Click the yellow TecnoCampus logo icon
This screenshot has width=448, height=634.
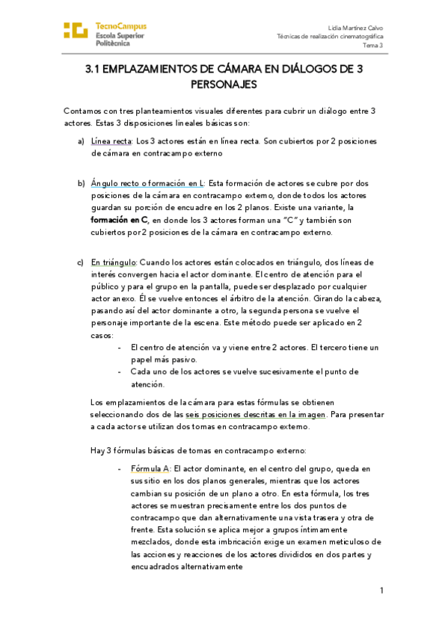(x=76, y=30)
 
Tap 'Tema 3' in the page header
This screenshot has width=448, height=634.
(x=373, y=45)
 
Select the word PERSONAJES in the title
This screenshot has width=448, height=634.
(x=224, y=84)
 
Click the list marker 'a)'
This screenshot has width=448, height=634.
(x=81, y=141)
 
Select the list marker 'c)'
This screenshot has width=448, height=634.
(x=81, y=262)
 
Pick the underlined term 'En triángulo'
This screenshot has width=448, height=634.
(x=114, y=262)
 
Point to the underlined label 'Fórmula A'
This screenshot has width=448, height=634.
(x=150, y=468)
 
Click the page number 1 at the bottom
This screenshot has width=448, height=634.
(x=381, y=591)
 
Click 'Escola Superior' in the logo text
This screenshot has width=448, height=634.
(x=120, y=35)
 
